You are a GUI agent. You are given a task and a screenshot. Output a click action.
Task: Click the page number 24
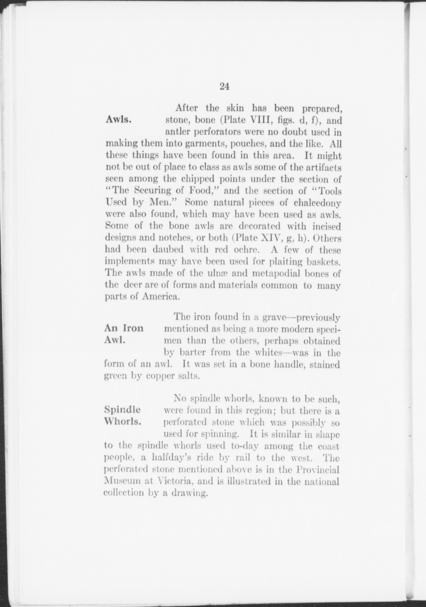224,86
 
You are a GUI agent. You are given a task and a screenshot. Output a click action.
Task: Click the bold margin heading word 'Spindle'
122,410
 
